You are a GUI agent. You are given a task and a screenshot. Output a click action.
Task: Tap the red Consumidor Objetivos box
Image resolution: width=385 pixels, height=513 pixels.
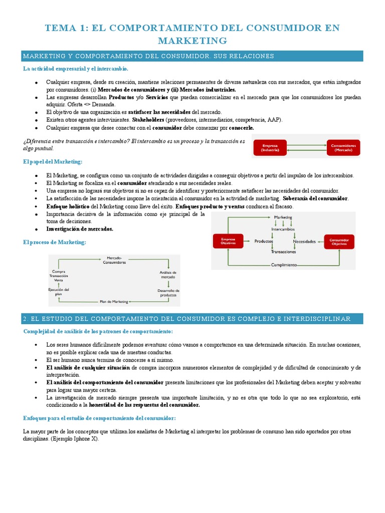pyautogui.click(x=339, y=241)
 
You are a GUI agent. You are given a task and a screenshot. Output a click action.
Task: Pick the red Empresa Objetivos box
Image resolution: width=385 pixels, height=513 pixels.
pyautogui.click(x=228, y=241)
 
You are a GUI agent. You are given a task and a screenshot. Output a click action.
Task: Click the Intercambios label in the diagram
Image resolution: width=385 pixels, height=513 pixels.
pyautogui.click(x=283, y=229)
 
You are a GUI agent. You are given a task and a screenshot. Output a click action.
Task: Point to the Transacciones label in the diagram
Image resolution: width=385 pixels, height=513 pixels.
pyautogui.click(x=283, y=252)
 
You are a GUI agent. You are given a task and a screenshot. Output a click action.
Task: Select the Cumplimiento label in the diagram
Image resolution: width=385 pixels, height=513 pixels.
pyautogui.click(x=284, y=265)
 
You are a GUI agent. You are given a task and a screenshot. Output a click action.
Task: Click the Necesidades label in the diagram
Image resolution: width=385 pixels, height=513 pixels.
pyautogui.click(x=304, y=241)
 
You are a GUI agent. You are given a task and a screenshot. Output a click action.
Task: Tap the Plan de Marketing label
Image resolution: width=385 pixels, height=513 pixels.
pyautogui.click(x=114, y=302)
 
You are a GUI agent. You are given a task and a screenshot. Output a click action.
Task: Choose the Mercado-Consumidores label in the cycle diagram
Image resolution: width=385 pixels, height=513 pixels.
pyautogui.click(x=114, y=260)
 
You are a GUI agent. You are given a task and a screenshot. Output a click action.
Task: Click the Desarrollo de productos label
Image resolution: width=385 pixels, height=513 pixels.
pyautogui.click(x=168, y=293)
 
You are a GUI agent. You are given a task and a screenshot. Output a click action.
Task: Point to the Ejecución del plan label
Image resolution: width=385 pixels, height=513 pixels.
pyautogui.click(x=59, y=292)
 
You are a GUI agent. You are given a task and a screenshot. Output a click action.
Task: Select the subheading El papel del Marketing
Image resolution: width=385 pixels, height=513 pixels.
pyautogui.click(x=53, y=162)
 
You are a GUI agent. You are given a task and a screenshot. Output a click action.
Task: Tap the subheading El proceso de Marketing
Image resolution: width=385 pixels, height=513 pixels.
pyautogui.click(x=55, y=242)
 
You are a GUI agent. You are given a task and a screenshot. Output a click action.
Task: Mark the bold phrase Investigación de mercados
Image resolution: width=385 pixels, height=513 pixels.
pyautogui.click(x=80, y=228)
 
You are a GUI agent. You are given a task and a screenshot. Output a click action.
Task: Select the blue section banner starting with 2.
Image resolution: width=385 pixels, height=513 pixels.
pyautogui.click(x=192, y=319)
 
